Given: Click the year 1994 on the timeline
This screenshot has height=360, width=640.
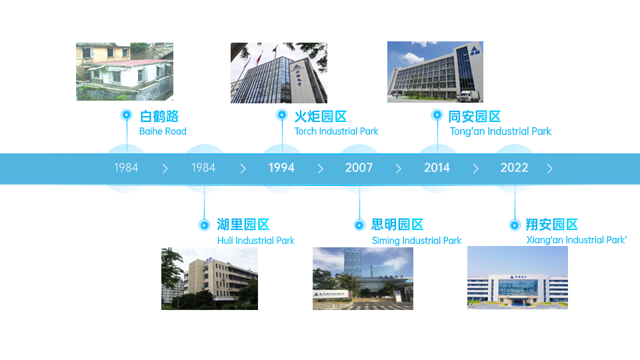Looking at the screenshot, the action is [281, 168].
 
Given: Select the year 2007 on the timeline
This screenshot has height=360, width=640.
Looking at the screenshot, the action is [359, 168].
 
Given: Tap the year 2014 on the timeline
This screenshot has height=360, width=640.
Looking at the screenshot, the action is [437, 168].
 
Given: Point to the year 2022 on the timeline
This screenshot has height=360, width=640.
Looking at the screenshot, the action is [514, 168].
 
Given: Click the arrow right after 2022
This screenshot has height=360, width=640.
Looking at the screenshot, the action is [550, 169].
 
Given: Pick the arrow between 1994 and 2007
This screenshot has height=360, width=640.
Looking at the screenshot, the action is [321, 169].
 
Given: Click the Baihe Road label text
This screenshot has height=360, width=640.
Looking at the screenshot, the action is [163, 131].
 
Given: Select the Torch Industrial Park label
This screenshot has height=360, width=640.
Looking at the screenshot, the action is [336, 131].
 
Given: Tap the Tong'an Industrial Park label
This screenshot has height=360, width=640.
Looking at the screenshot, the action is [501, 131].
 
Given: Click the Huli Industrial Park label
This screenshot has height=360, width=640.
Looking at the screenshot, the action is [255, 241].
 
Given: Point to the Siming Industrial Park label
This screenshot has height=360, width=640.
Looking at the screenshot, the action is [416, 241].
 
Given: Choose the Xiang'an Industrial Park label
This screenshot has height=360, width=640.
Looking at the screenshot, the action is [576, 240].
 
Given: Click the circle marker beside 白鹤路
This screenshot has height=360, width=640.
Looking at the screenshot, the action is [127, 115].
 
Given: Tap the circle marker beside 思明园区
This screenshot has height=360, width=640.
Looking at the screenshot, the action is [359, 225].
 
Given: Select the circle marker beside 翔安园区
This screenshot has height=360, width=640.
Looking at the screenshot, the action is [515, 225].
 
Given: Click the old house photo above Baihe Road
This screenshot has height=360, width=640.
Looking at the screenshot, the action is [125, 71].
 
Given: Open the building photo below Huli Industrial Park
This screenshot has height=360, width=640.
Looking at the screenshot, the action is [209, 279].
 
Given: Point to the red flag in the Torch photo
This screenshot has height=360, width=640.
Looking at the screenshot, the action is [259, 59].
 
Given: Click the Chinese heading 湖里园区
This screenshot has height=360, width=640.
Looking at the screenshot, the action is [243, 225].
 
